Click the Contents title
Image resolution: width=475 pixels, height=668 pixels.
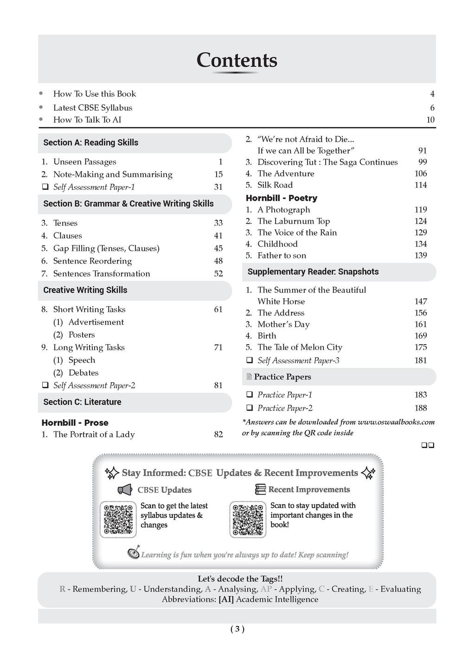(x=237, y=60)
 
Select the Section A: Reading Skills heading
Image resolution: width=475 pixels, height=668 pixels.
(x=90, y=142)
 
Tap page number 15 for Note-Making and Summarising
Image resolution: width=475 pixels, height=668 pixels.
(x=218, y=174)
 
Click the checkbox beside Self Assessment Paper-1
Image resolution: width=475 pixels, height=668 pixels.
(x=45, y=187)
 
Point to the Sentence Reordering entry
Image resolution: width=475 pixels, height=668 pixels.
(x=92, y=261)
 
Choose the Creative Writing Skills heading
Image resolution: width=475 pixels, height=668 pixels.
(x=85, y=290)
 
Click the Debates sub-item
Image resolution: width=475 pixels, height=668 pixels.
(x=83, y=373)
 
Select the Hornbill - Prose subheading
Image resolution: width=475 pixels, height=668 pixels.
(x=75, y=423)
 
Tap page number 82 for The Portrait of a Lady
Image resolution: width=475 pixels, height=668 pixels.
(x=218, y=435)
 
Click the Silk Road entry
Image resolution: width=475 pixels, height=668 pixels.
(x=275, y=185)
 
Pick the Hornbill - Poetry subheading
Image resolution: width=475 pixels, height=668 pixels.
(x=282, y=198)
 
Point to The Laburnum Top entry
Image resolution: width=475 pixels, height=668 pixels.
(x=294, y=221)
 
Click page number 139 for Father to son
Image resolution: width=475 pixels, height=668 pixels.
(x=421, y=255)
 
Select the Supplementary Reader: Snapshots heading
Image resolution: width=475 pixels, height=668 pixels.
(x=313, y=272)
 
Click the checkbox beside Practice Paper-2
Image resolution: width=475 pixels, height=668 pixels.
(x=250, y=408)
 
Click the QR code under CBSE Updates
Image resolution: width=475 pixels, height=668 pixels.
(x=118, y=519)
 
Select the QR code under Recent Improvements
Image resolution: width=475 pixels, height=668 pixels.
(x=248, y=519)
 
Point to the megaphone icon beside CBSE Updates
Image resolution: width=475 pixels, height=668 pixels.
(x=125, y=489)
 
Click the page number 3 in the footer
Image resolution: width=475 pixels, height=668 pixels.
(x=237, y=629)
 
